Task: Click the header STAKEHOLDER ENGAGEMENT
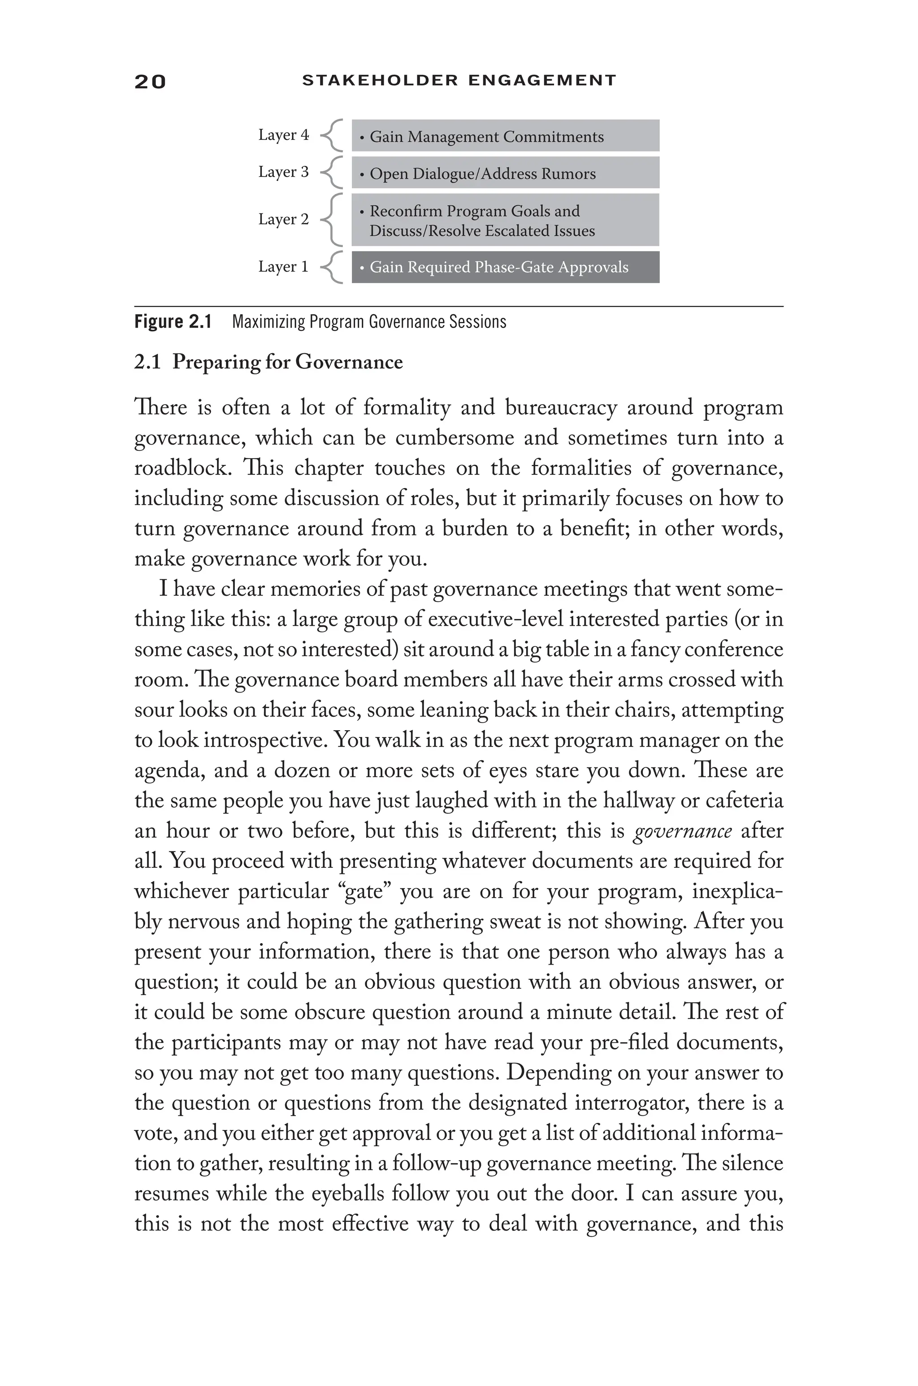(x=459, y=80)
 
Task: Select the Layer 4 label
(x=283, y=135)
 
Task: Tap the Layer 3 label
(x=283, y=172)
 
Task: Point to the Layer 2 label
(x=283, y=220)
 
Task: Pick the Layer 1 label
(x=283, y=267)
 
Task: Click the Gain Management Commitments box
(x=505, y=136)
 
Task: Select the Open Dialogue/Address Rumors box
(x=505, y=173)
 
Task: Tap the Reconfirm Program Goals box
(x=505, y=220)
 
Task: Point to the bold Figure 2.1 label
(x=173, y=322)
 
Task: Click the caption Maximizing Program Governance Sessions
(x=369, y=322)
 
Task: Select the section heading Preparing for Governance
(x=287, y=362)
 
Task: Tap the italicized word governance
(x=682, y=832)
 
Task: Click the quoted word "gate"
(x=367, y=892)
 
